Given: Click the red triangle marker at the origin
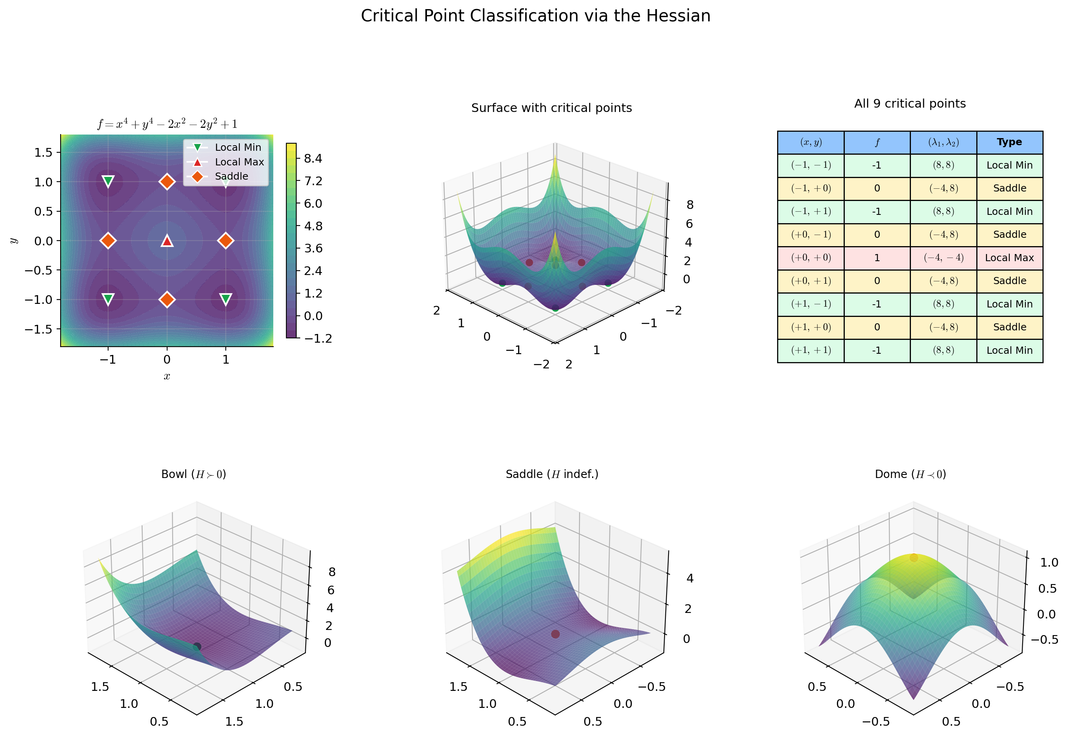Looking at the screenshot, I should pyautogui.click(x=167, y=240).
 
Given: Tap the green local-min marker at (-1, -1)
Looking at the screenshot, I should pyautogui.click(x=108, y=299).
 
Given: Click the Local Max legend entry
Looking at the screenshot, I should pyautogui.click(x=239, y=162).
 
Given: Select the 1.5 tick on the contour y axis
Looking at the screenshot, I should pyautogui.click(x=44, y=152).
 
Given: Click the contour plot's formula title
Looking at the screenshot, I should pyautogui.click(x=167, y=124).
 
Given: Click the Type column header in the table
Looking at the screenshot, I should pyautogui.click(x=1009, y=142).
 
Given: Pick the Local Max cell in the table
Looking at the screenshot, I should pyautogui.click(x=1009, y=258).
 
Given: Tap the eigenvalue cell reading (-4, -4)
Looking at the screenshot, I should pyautogui.click(x=943, y=258).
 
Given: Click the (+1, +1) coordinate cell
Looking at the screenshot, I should pyautogui.click(x=810, y=351).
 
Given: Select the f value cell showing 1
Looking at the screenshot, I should pyautogui.click(x=876, y=258).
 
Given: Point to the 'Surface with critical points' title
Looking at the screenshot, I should pyautogui.click(x=551, y=108).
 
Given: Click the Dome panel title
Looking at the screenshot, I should pyautogui.click(x=910, y=474).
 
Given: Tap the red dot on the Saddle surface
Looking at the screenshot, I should pyautogui.click(x=555, y=634).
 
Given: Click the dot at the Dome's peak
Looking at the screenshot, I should pyautogui.click(x=913, y=558).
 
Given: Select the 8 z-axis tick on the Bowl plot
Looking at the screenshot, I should pyautogui.click(x=332, y=572).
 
